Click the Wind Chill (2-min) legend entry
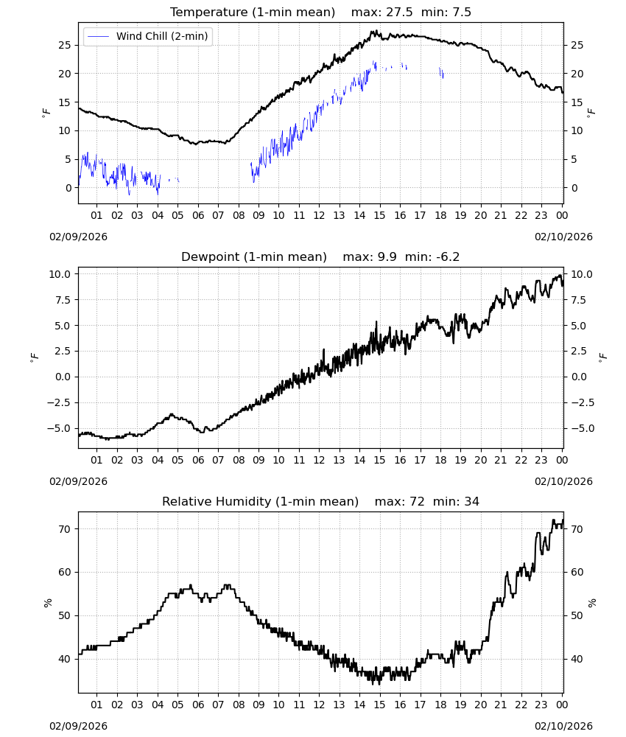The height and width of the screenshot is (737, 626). pos(147,36)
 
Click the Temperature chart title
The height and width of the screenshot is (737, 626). pos(253,13)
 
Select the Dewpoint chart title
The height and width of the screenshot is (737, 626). pos(254,257)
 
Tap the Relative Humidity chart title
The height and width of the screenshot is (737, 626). pos(260,501)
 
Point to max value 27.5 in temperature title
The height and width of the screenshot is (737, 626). pos(399,13)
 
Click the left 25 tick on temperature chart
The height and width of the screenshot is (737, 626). pos(65,45)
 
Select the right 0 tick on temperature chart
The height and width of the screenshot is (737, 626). pos(574,188)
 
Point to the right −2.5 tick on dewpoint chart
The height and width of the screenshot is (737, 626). pos(583,403)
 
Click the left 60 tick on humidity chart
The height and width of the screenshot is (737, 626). pos(65,573)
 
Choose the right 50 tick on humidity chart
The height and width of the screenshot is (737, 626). pos(577,615)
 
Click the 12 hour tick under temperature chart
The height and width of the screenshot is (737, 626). pos(320,216)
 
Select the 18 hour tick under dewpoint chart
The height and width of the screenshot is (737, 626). pos(440,460)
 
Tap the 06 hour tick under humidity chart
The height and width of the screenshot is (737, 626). pos(198,705)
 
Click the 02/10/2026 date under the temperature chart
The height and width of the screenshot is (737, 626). pos(563,237)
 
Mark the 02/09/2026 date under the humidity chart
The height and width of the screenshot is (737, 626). pos(78,726)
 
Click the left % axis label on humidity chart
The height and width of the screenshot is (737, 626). pos(47,603)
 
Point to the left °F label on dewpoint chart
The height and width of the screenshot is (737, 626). pos(35,358)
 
